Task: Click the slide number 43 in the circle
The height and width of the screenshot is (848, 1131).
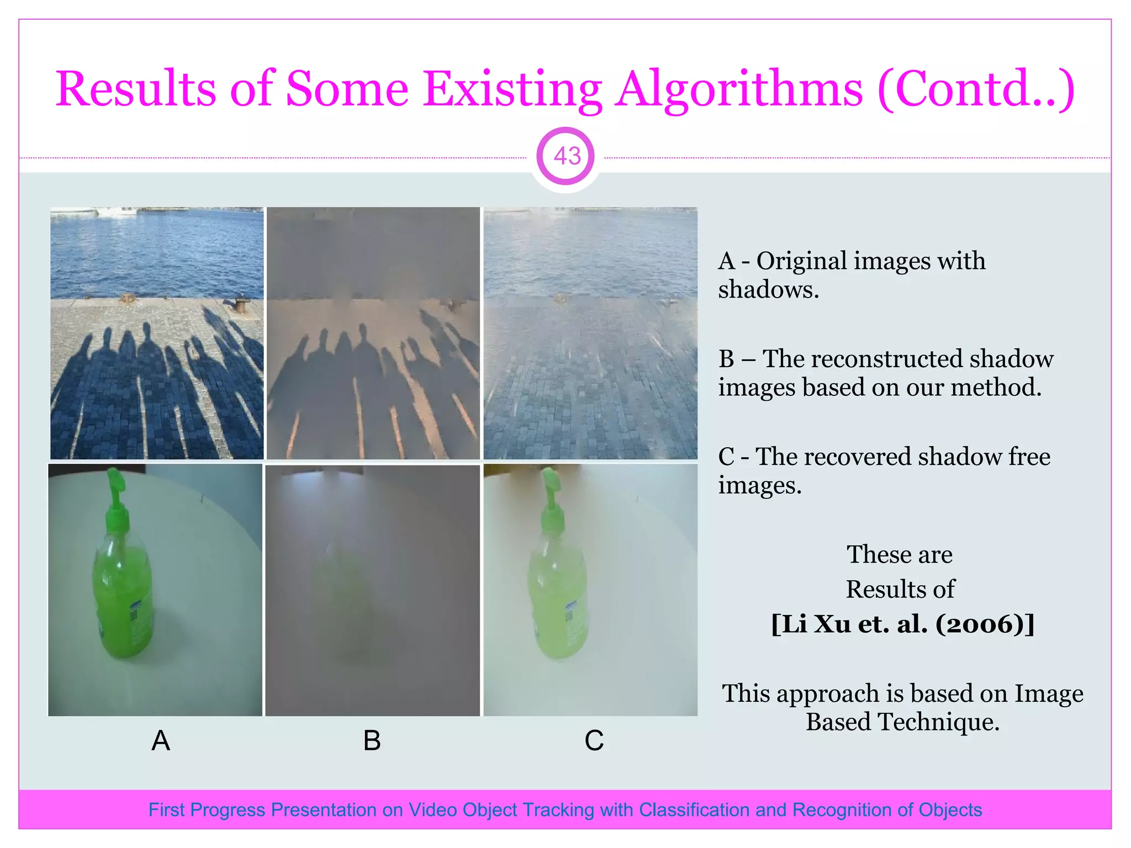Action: (x=567, y=156)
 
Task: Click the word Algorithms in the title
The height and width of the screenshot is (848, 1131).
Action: (x=739, y=89)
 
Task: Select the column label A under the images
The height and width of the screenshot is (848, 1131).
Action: (x=161, y=740)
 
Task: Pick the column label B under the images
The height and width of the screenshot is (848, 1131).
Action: (x=372, y=740)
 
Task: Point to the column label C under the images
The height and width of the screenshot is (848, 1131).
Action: (x=594, y=740)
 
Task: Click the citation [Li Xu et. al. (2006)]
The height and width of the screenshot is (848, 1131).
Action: (x=902, y=624)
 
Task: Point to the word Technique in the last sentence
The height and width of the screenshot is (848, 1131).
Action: (x=939, y=722)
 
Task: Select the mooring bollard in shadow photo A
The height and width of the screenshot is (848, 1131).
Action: (x=241, y=303)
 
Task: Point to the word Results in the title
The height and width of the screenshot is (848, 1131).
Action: (x=136, y=89)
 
